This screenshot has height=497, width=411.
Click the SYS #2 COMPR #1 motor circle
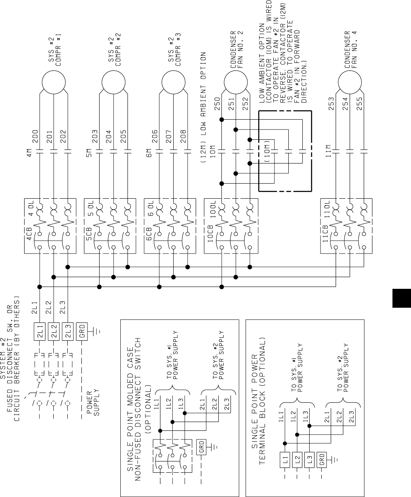pos(54,82)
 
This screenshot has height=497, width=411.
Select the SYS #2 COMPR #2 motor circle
pos(114,82)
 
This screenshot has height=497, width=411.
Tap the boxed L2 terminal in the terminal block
pos(297,460)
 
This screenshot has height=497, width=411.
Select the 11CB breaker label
pos(325,234)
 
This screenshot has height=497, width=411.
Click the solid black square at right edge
pos(402,298)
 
